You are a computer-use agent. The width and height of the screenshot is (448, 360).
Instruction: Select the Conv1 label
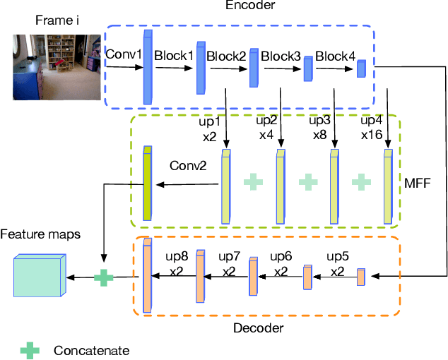(x=124, y=54)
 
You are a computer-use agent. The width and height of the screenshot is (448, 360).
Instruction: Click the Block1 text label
(x=174, y=54)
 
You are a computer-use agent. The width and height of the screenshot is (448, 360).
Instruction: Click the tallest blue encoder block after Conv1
(x=148, y=67)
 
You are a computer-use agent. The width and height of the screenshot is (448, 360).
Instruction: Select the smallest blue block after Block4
(x=360, y=68)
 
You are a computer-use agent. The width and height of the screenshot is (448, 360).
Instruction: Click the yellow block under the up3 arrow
(x=334, y=185)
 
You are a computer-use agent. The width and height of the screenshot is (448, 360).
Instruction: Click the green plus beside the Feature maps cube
(x=103, y=277)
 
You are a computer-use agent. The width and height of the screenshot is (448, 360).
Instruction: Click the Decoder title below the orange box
(x=259, y=328)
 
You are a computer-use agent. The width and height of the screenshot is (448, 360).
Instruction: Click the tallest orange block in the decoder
(x=148, y=275)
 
